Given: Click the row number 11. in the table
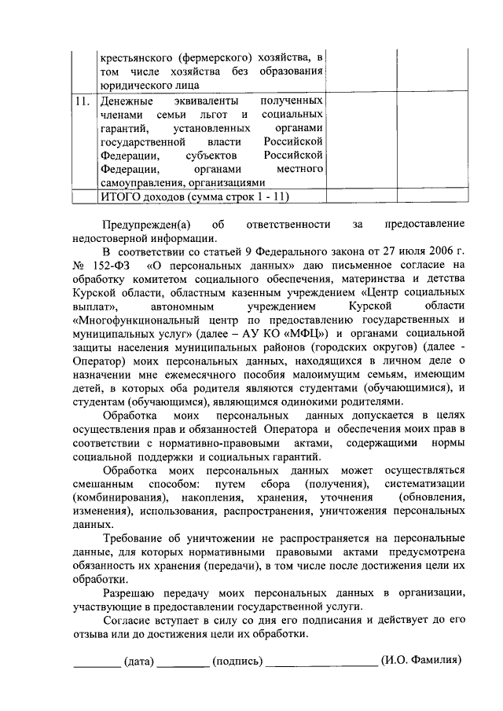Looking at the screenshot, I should pyautogui.click(x=82, y=102).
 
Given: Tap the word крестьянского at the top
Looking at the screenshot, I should pyautogui.click(x=135, y=57).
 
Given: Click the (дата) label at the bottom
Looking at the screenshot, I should pyautogui.click(x=138, y=661).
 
